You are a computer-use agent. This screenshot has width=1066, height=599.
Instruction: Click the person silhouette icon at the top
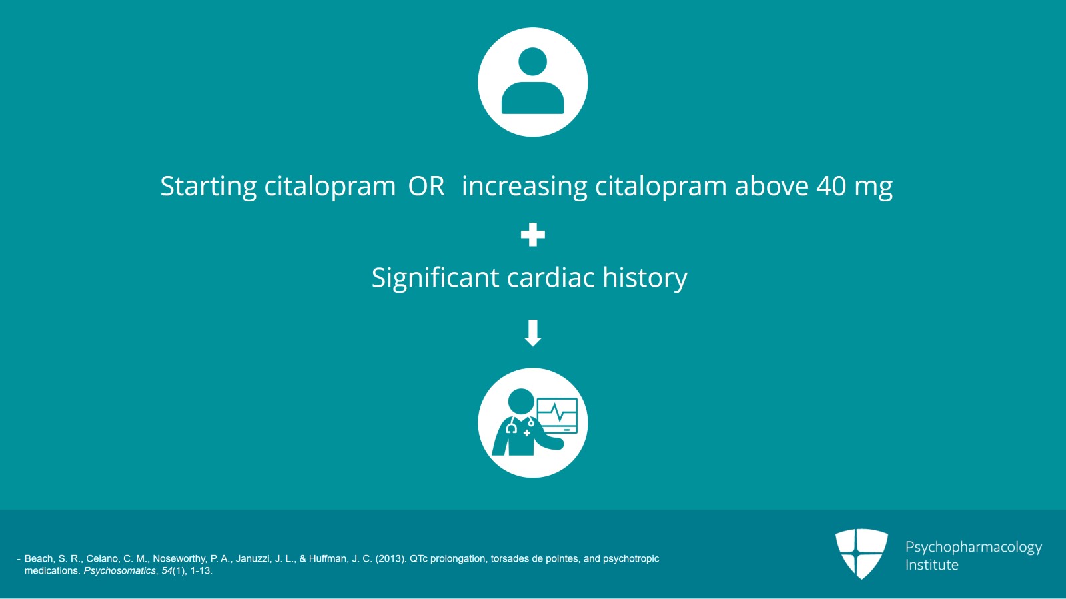(x=532, y=82)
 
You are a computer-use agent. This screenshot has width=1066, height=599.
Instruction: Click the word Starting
(x=208, y=186)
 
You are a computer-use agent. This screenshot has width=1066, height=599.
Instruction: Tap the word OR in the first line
(x=426, y=186)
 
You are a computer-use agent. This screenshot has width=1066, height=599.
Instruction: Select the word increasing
(x=524, y=186)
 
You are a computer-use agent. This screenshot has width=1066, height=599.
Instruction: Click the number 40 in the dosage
(x=831, y=186)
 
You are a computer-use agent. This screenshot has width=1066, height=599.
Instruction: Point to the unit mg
(x=873, y=187)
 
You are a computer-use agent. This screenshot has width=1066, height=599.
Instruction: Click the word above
(x=772, y=186)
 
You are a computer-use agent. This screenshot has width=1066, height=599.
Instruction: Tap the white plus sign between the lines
(x=532, y=235)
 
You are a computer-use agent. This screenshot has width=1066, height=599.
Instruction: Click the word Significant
(x=434, y=278)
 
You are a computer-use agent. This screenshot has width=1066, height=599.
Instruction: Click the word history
(x=644, y=278)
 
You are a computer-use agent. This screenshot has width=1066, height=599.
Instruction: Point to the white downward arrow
(x=532, y=333)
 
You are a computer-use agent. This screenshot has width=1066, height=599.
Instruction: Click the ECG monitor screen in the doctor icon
(x=558, y=415)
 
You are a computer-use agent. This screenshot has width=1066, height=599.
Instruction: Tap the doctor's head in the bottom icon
(x=520, y=402)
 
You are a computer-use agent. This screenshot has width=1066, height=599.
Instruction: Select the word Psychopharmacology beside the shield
(x=973, y=547)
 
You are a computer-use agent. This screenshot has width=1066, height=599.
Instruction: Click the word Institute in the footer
(x=931, y=565)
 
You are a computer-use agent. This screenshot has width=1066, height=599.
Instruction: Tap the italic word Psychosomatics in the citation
(x=119, y=571)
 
